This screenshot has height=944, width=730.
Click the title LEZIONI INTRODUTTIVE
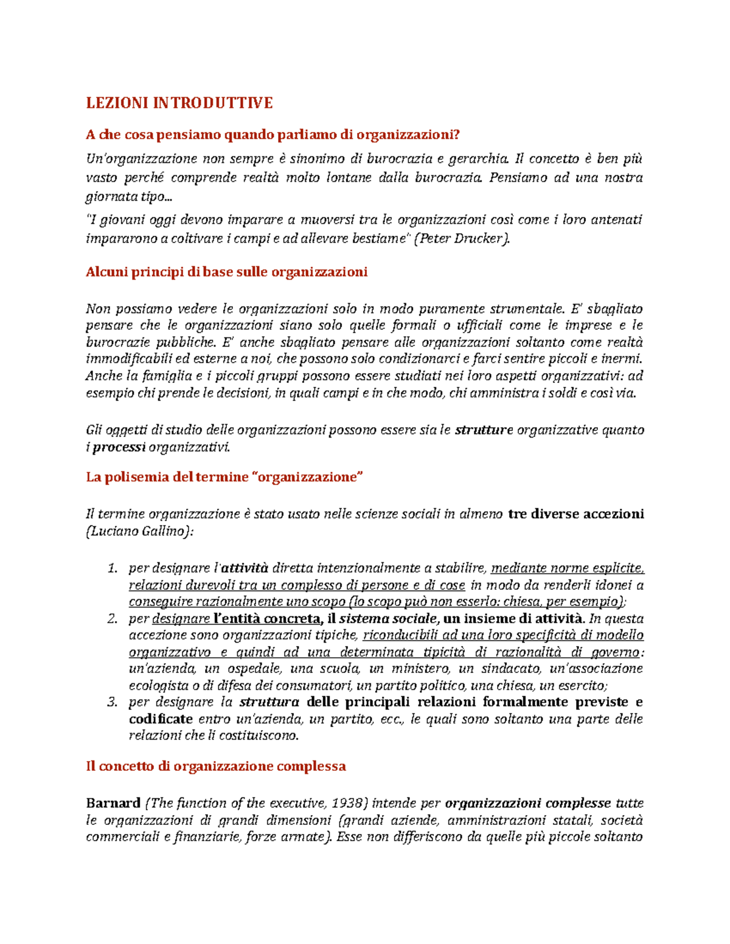click(x=179, y=103)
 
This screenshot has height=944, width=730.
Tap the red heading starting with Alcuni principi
click(x=226, y=272)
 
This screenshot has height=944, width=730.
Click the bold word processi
click(x=119, y=447)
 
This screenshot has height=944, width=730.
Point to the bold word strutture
click(x=484, y=430)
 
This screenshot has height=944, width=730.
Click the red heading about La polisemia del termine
click(x=224, y=477)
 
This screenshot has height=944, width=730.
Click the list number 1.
click(x=112, y=569)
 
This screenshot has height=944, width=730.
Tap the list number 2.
click(x=112, y=619)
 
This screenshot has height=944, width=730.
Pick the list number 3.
click(x=112, y=703)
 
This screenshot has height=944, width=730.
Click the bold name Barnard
click(x=113, y=803)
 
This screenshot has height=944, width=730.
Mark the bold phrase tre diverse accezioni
click(x=575, y=514)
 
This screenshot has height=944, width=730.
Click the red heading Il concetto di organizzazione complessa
click(x=216, y=766)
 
